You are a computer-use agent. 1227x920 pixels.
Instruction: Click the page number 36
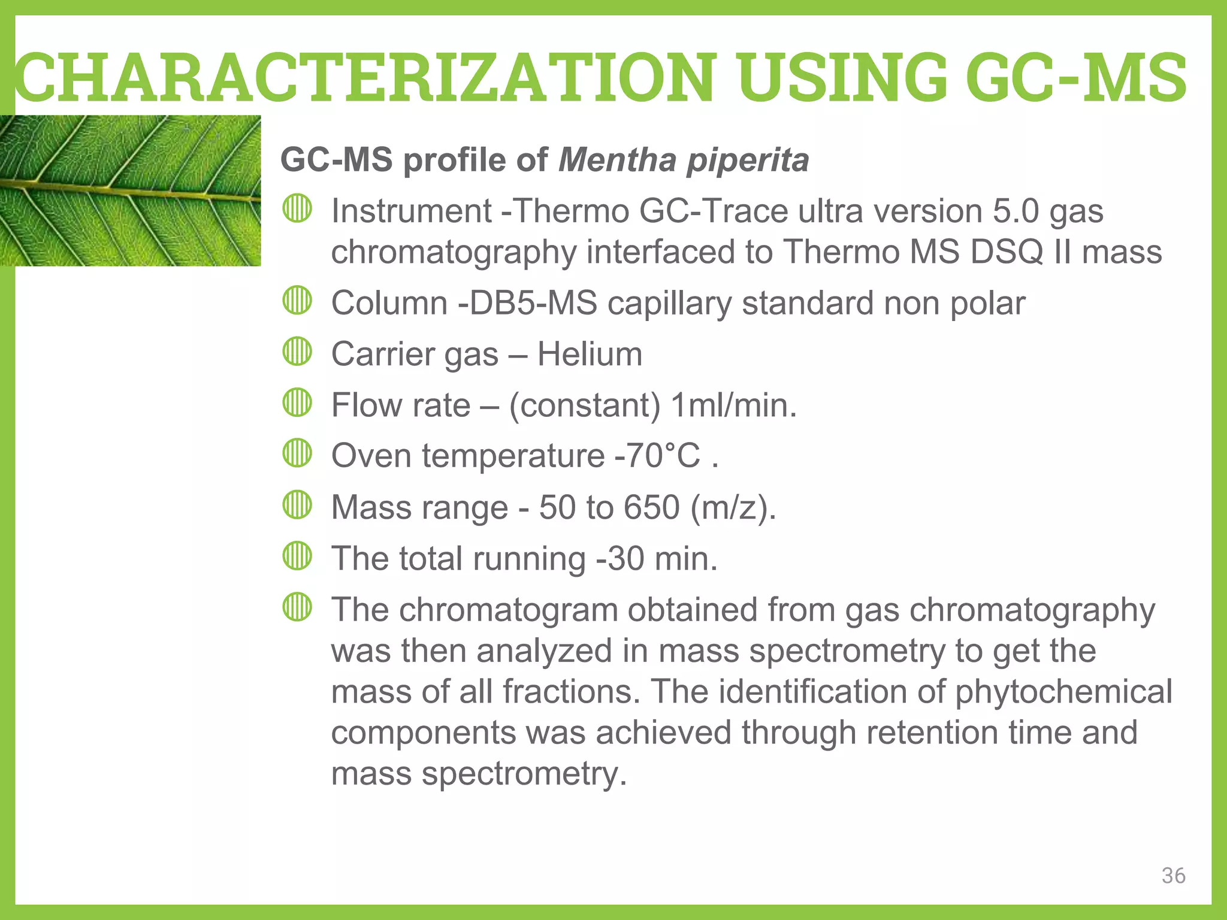tap(1173, 876)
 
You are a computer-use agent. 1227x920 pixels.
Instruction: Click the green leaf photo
tap(130, 190)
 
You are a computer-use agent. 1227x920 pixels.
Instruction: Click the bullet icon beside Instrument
tap(297, 209)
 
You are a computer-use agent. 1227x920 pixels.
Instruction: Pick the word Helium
tap(590, 354)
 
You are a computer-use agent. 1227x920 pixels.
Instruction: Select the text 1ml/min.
tap(734, 405)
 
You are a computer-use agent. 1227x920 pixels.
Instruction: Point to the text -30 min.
tap(657, 559)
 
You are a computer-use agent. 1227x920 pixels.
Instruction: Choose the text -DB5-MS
tap(527, 303)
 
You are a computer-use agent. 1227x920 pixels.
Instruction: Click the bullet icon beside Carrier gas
tap(297, 352)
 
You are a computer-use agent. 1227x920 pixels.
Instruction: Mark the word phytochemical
tap(1063, 692)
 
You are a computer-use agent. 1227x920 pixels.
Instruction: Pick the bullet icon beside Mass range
tap(297, 505)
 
